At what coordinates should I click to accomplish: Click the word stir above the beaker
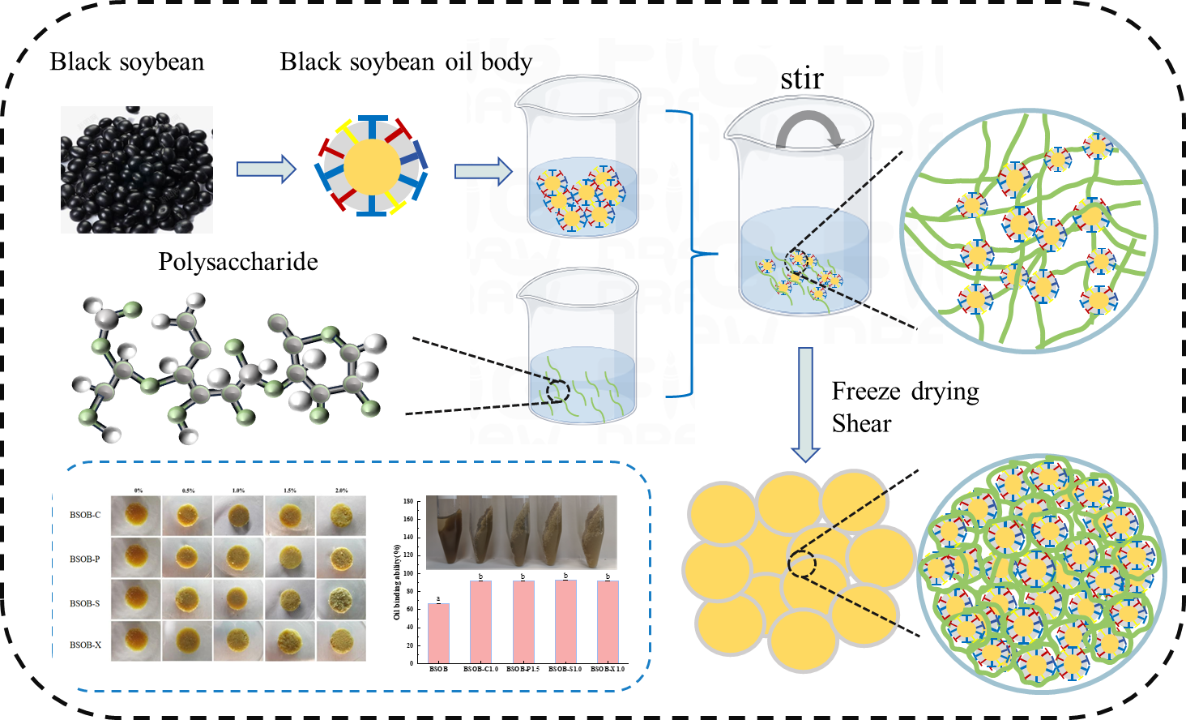[801, 79]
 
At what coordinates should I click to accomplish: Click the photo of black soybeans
[137, 169]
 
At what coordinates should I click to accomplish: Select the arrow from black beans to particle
[266, 169]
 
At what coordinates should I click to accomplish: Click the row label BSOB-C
[85, 515]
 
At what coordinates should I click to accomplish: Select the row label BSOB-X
[85, 645]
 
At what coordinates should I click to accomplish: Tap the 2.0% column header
[341, 491]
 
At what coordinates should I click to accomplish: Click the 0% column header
[139, 491]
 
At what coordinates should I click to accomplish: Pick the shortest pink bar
[438, 632]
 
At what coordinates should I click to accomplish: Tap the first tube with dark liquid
[444, 532]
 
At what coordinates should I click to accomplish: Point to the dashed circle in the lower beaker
[558, 392]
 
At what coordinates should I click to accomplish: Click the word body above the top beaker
[506, 62]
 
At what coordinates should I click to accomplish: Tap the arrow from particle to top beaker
[483, 171]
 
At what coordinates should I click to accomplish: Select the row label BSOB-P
[85, 559]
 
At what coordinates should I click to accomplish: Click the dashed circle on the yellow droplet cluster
[802, 564]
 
